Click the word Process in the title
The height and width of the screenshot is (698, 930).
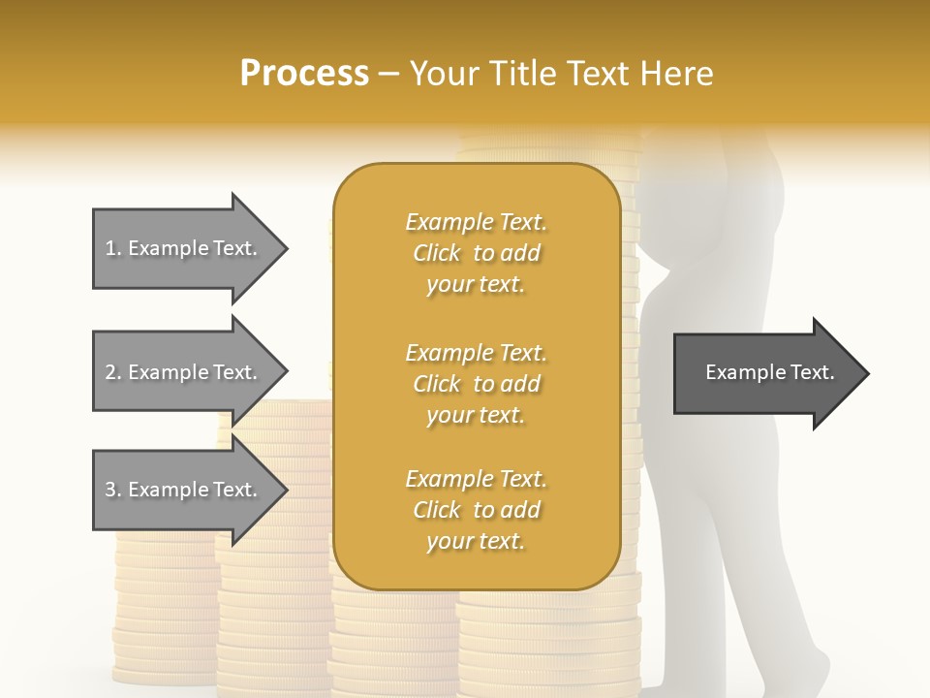304,74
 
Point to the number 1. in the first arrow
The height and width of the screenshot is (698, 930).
113,248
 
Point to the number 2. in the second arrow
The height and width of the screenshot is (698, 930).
113,372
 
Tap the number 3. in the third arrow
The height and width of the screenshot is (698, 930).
113,490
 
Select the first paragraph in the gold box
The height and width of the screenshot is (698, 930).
476,253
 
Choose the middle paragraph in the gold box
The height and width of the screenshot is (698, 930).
476,383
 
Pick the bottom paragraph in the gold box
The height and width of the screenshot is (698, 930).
476,510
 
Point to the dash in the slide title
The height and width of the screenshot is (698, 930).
389,74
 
